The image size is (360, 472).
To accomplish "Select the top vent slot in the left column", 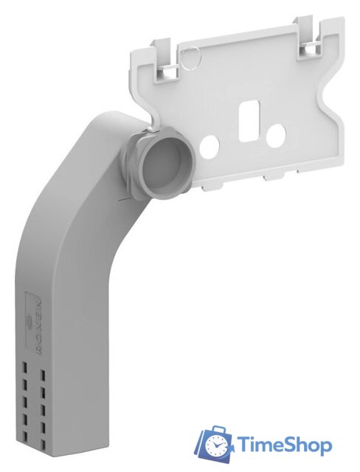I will [x=24, y=367].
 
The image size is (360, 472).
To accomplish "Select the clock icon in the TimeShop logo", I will [x=217, y=445].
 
